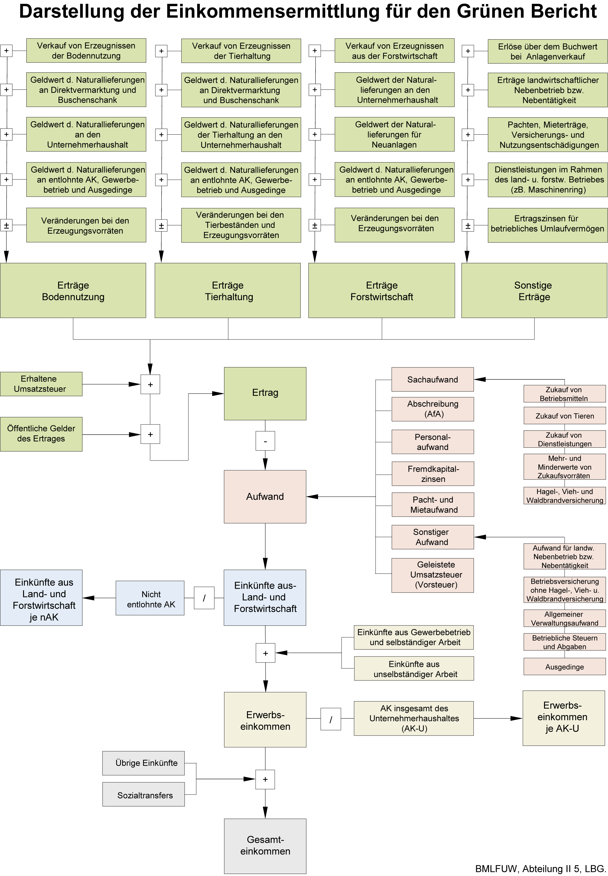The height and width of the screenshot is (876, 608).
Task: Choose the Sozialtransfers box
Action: click(x=143, y=795)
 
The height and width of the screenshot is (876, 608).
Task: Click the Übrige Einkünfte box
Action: click(x=143, y=763)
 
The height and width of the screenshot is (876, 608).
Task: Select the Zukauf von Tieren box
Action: click(x=564, y=416)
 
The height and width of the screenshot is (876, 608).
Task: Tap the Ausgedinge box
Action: click(x=564, y=667)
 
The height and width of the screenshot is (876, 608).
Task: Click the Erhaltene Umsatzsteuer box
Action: click(x=41, y=384)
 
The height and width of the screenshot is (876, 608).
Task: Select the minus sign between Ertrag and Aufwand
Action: click(x=265, y=441)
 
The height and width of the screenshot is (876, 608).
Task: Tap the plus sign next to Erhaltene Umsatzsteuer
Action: click(x=150, y=385)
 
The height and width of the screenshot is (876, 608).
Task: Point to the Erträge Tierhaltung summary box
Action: click(x=228, y=290)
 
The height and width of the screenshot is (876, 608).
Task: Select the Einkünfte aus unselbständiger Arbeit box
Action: click(x=414, y=669)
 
